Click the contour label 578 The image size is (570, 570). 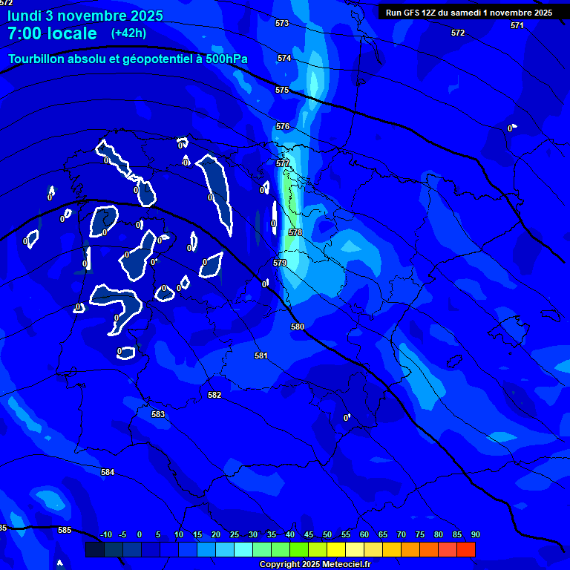coord(295,232)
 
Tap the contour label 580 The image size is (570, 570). coord(298,327)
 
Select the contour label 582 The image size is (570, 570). coord(214,396)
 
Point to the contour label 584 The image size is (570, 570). coord(108,472)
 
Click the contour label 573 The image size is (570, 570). coord(282,24)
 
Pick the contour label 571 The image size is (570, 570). coord(517,25)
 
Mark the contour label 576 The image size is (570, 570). coord(283,127)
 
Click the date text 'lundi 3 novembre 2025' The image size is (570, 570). coord(85,16)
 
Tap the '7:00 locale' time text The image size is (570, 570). coord(52,33)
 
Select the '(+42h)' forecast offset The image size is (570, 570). coord(128,33)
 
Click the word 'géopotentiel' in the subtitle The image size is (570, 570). coord(160,59)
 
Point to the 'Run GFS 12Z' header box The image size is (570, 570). coord(468,13)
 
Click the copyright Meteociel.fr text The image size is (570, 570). coord(315,565)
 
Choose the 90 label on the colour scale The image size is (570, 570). coord(475,534)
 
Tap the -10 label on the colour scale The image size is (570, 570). coord(105,534)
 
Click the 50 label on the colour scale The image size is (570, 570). coord(327,534)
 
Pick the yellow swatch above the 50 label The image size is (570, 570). coord(336,549)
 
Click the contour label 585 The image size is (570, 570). coord(65,530)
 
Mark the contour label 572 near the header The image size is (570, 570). coord(458,33)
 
